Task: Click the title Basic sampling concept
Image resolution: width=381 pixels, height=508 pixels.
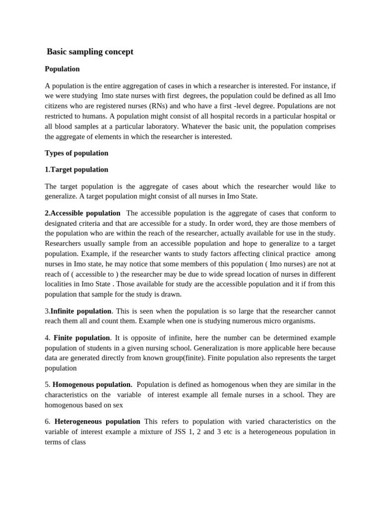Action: click(90, 52)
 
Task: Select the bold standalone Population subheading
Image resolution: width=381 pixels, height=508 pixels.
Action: click(62, 69)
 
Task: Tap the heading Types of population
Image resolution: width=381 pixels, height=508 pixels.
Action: click(76, 153)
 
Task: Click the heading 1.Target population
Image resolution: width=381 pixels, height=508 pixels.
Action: click(76, 169)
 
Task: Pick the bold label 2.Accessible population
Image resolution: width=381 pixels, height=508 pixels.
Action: click(82, 213)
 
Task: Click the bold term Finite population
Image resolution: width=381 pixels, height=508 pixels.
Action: click(81, 338)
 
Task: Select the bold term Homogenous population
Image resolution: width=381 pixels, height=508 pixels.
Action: click(92, 384)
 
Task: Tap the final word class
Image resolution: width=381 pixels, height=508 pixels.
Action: click(76, 442)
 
